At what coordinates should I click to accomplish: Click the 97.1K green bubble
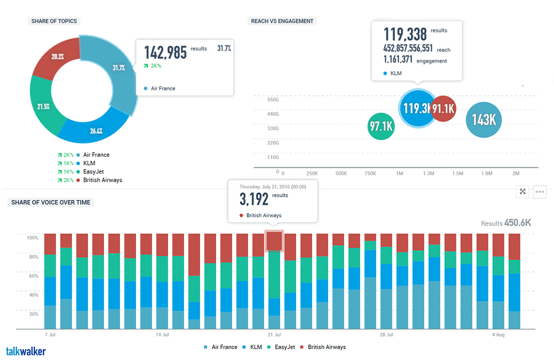[x=381, y=127]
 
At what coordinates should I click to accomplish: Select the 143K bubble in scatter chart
[x=483, y=119]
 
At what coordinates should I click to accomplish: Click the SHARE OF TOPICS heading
[x=54, y=21]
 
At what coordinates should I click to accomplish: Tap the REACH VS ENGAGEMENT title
[x=282, y=21]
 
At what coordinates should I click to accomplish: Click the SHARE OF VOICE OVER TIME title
[x=51, y=202]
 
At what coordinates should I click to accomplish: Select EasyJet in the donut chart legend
[x=93, y=172]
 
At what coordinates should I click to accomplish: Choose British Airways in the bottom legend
[x=326, y=347]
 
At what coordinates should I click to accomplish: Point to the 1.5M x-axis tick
[x=458, y=173]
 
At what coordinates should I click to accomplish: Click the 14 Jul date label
[x=162, y=335]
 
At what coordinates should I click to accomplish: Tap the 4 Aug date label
[x=499, y=335]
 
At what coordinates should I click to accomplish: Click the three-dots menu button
[x=540, y=192]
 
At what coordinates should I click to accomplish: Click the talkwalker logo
[x=26, y=351]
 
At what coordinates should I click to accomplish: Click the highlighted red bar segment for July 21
[x=274, y=241]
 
